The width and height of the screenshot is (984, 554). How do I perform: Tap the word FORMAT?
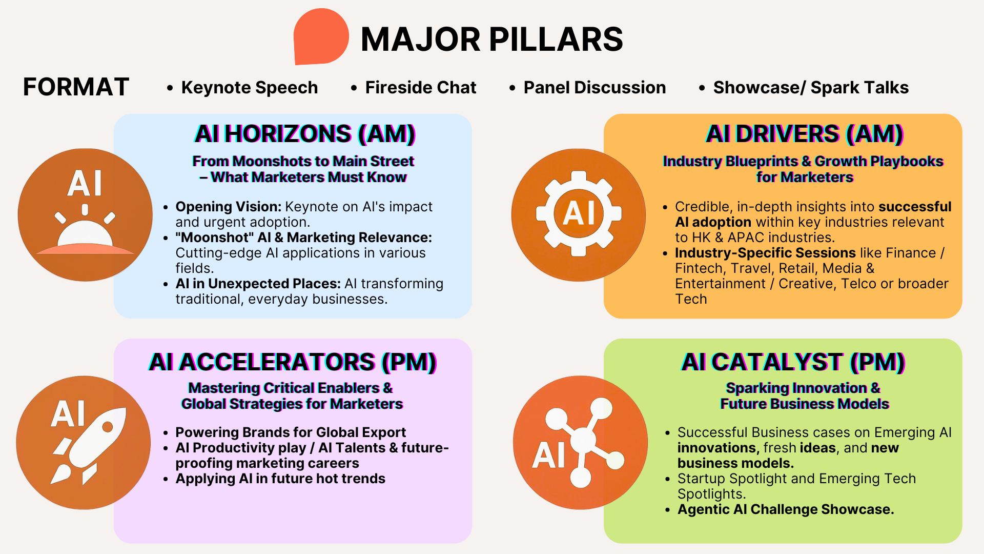[x=76, y=87]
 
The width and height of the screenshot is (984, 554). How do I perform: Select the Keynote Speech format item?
[x=249, y=88]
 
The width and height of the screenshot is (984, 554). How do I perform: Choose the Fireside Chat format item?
[x=420, y=88]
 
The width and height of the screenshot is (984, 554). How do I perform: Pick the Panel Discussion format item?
[x=594, y=88]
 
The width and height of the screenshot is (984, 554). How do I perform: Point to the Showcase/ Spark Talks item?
[x=811, y=88]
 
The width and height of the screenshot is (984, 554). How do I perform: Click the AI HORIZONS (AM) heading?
[x=305, y=134]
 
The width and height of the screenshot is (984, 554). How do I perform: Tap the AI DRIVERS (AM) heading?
[x=804, y=134]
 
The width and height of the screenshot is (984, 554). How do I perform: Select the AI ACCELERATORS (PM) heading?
[x=293, y=362]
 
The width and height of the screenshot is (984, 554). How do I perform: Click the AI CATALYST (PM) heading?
[x=793, y=362]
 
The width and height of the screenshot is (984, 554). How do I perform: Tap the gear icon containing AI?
[x=579, y=214]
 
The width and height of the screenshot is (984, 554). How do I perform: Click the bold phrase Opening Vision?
[x=229, y=207]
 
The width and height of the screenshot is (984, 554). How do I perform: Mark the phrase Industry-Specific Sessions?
[x=765, y=253]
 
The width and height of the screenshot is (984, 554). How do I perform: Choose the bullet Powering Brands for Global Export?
[x=291, y=432]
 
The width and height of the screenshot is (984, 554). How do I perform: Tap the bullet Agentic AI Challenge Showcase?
[x=786, y=509]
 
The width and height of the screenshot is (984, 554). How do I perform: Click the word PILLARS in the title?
[x=556, y=39]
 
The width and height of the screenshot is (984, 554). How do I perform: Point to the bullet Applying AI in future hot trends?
[x=280, y=479]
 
